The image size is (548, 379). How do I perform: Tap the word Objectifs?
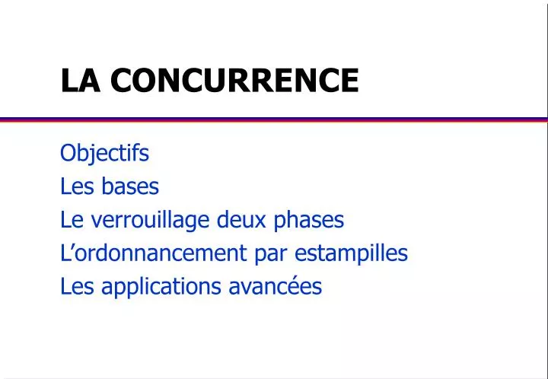tap(104, 154)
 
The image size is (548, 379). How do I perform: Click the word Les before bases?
tap(73, 186)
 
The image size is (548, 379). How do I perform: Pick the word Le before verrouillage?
tap(70, 220)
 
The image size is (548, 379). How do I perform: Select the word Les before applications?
tap(73, 287)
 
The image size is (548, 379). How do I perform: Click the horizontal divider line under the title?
tap(274, 119)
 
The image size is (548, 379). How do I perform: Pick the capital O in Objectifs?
tap(67, 154)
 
